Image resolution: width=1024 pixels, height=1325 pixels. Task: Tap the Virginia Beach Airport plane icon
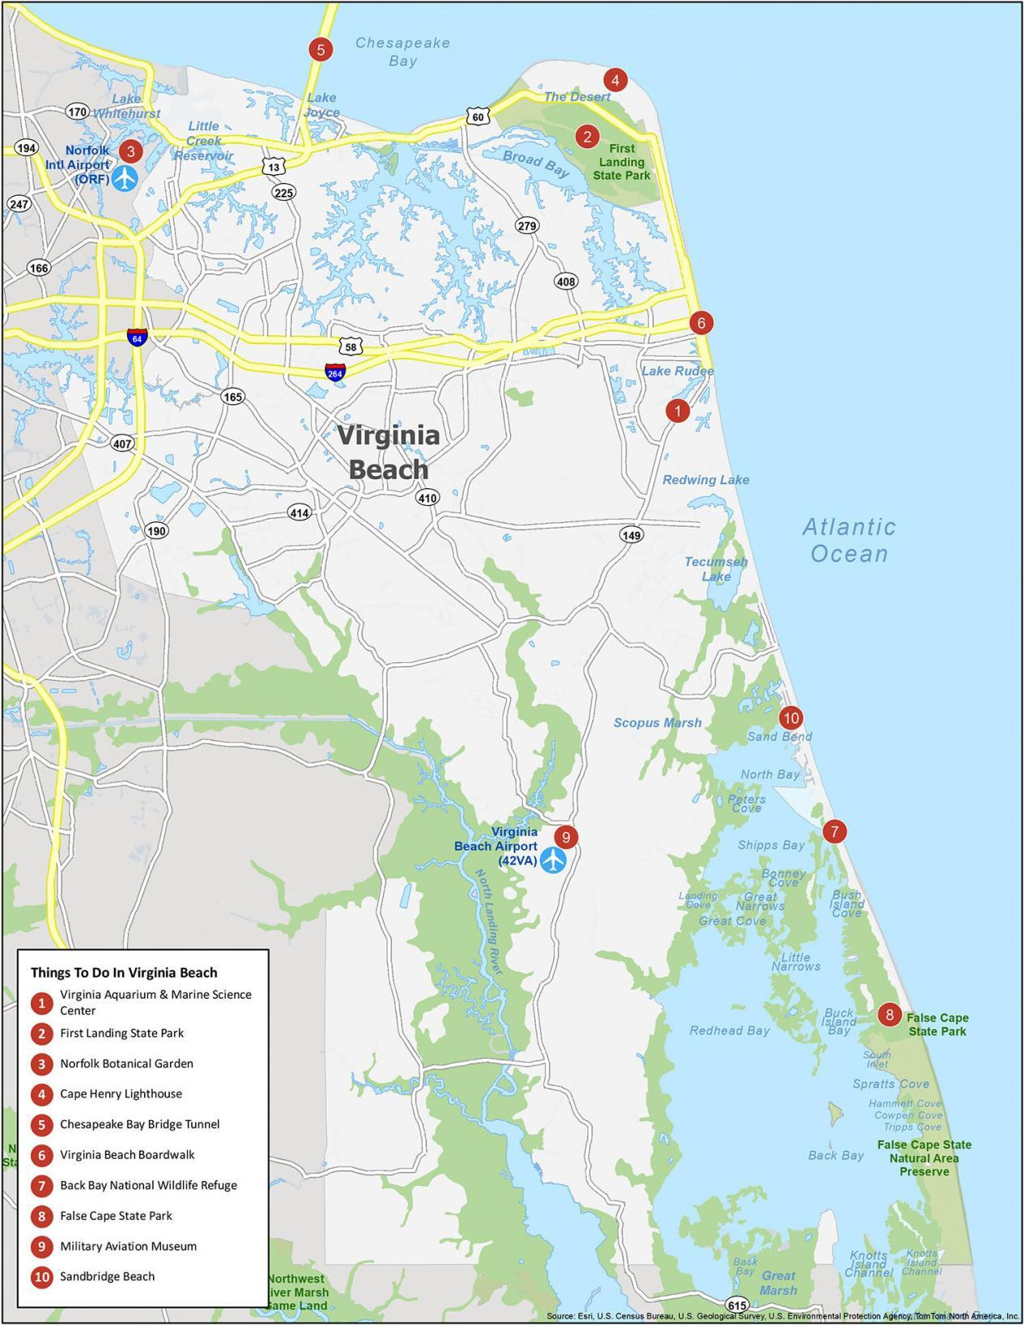pos(554,860)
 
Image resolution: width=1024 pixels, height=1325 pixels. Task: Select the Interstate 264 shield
pos(335,372)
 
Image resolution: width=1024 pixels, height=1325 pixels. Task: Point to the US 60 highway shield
pos(478,117)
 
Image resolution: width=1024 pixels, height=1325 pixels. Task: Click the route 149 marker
pos(631,534)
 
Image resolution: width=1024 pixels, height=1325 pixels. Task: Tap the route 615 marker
pos(737,1305)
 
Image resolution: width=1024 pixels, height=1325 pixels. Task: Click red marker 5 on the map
pos(321,49)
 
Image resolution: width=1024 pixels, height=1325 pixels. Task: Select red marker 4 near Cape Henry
pos(615,79)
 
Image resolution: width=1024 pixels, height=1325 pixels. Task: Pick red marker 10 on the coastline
pos(790,717)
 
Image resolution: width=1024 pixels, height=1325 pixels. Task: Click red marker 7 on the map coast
pos(834,830)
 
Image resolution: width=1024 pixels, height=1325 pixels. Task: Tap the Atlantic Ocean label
pos(849,540)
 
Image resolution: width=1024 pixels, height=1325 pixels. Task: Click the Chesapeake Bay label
pos(402,52)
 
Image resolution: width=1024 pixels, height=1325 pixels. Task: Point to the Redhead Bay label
pos(729,1030)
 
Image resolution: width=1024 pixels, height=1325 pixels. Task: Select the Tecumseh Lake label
pos(716,569)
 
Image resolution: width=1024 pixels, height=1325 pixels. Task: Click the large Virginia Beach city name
pos(389,452)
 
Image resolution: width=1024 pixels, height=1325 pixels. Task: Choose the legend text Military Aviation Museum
pos(128,1246)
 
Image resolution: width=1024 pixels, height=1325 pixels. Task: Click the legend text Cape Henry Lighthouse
pos(121,1094)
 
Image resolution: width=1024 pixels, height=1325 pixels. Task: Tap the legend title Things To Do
pos(124,972)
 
